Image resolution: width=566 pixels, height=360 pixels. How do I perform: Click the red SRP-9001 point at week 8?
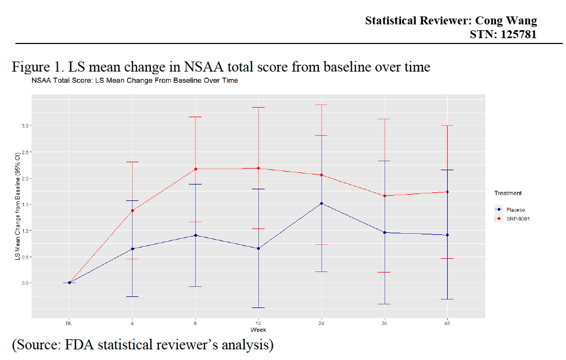[195, 169]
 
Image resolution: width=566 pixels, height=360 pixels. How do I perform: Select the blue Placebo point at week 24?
[321, 203]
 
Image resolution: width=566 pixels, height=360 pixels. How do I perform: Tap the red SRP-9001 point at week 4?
[132, 210]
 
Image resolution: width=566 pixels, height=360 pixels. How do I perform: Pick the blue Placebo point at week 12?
[258, 248]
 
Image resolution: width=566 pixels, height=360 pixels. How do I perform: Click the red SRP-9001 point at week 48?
[448, 192]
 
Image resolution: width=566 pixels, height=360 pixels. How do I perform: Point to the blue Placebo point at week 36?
[385, 232]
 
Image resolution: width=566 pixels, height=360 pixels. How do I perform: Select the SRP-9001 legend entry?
[517, 218]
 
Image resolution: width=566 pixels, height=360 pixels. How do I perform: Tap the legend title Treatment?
[508, 194]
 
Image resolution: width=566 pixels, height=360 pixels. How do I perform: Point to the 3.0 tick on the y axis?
[25, 126]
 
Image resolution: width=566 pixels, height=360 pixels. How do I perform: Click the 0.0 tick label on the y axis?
[25, 283]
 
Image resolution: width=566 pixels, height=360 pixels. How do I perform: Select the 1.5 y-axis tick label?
[25, 204]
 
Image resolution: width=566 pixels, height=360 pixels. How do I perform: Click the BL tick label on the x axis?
[69, 323]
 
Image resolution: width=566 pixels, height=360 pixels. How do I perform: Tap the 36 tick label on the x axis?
[385, 323]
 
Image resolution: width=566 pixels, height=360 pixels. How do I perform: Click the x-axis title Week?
[258, 330]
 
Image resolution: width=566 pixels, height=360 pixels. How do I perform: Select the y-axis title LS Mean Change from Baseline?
[18, 207]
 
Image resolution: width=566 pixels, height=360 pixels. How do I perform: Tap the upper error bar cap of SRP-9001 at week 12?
[258, 108]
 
